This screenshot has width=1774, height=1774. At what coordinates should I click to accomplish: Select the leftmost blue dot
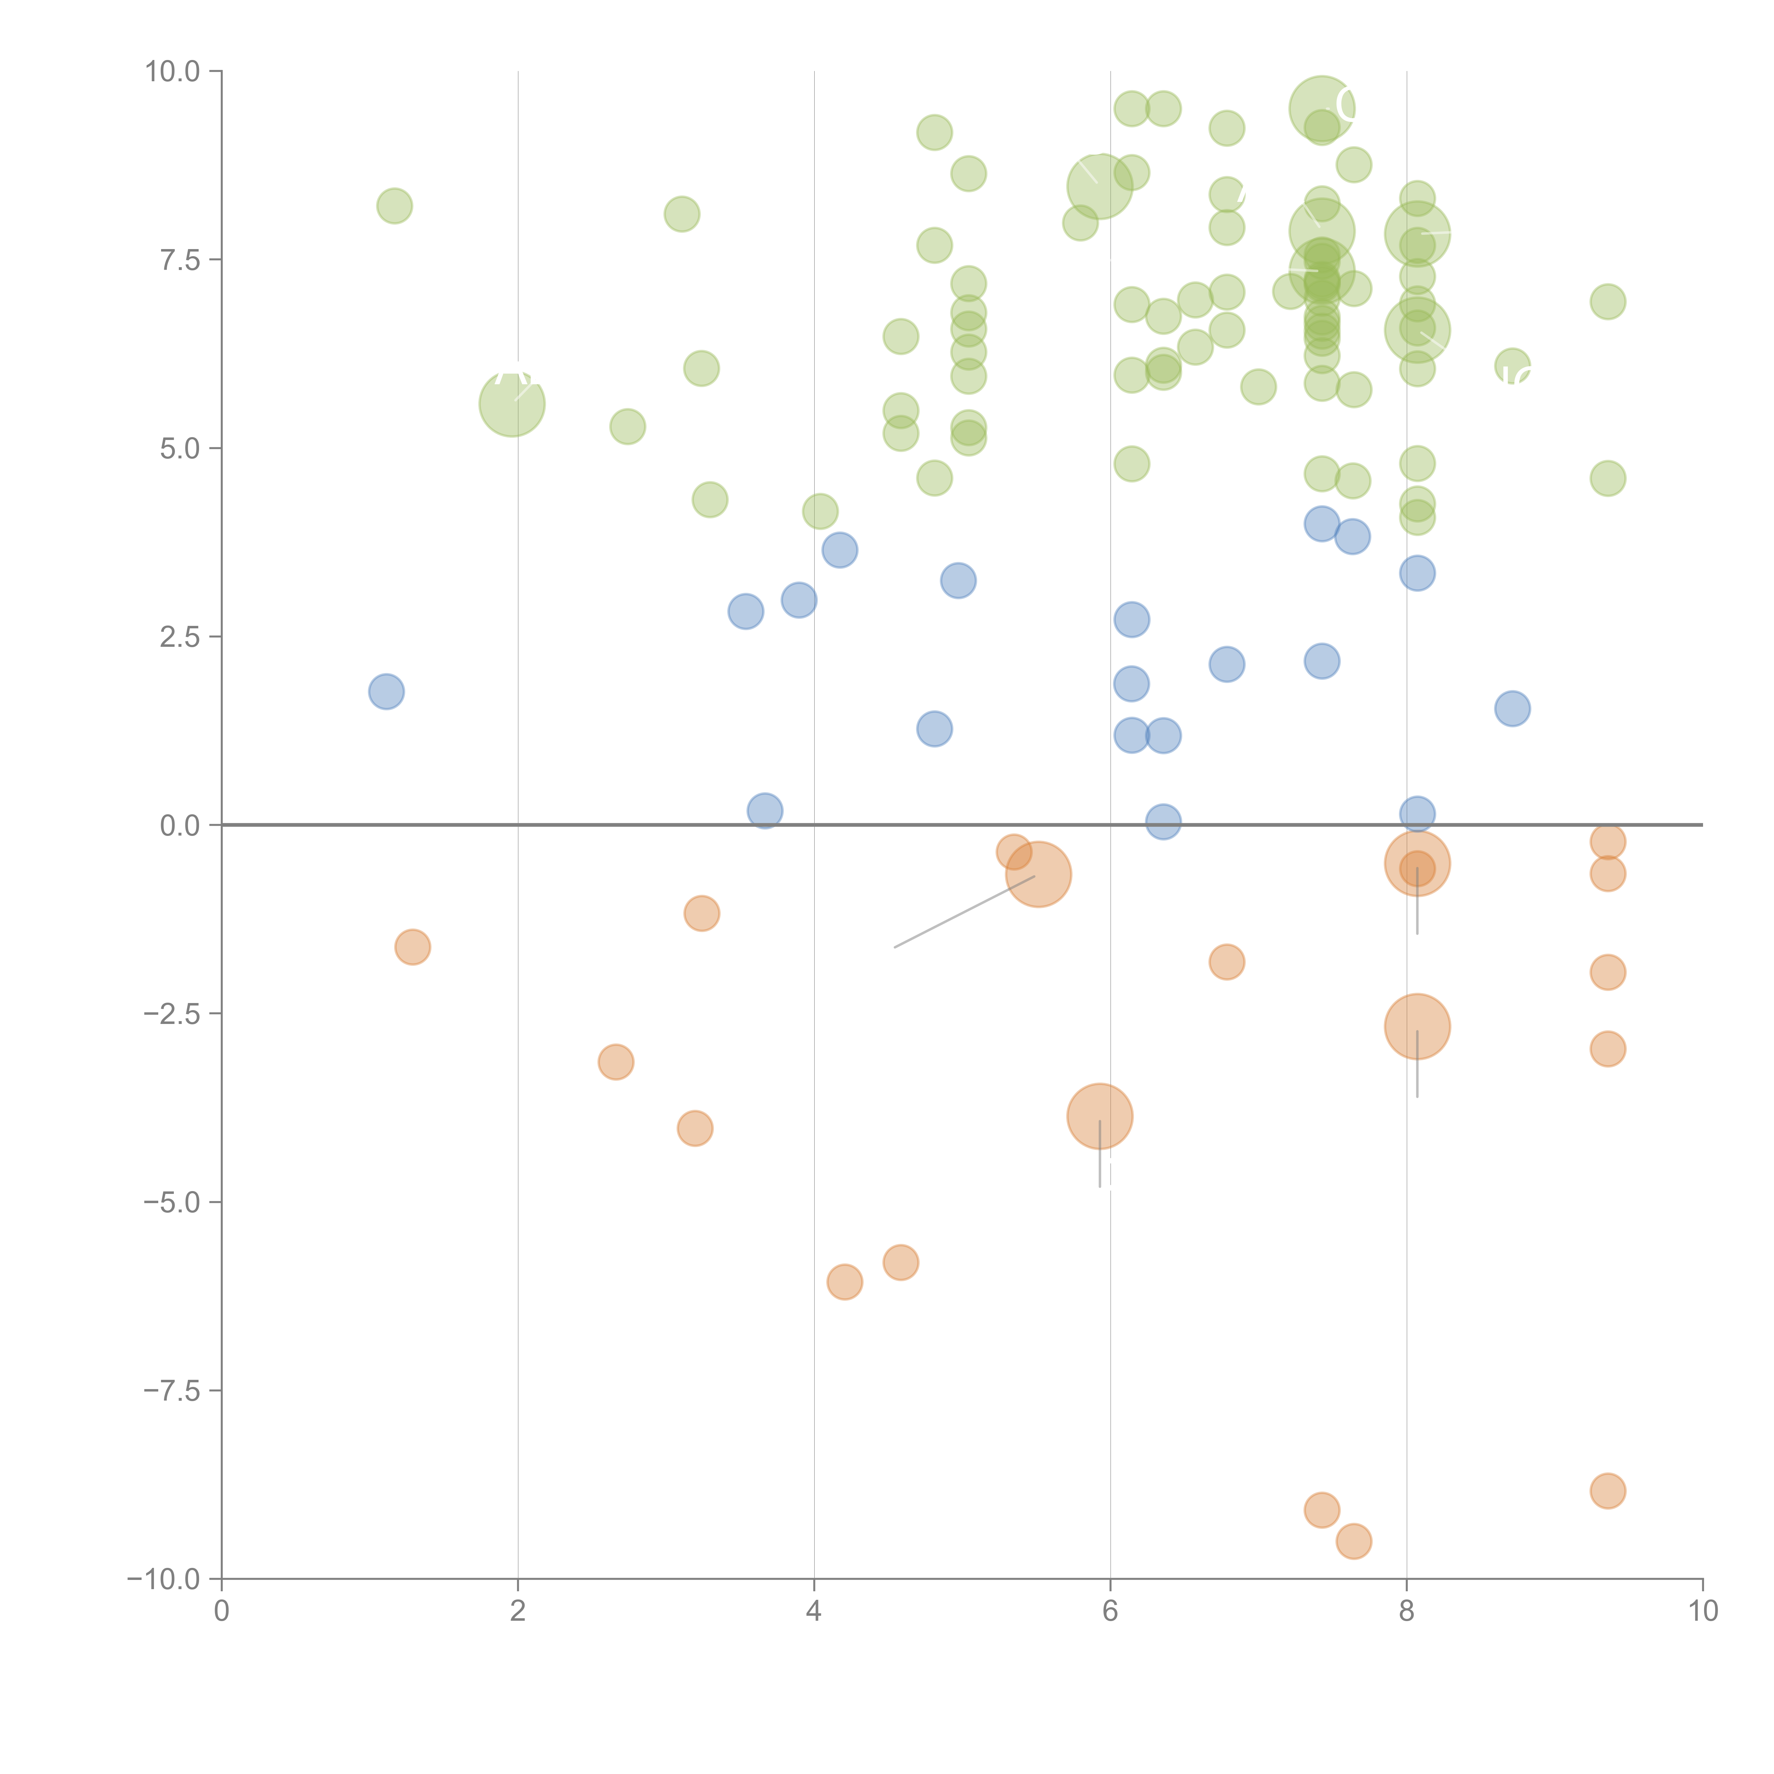387,692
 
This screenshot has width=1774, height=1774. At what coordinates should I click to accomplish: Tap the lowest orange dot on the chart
1354,1542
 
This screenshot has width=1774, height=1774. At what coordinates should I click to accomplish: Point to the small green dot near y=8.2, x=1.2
395,206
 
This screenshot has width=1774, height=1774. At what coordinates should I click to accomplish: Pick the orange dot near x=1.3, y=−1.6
413,947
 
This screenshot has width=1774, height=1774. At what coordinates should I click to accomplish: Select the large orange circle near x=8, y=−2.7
1417,1026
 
